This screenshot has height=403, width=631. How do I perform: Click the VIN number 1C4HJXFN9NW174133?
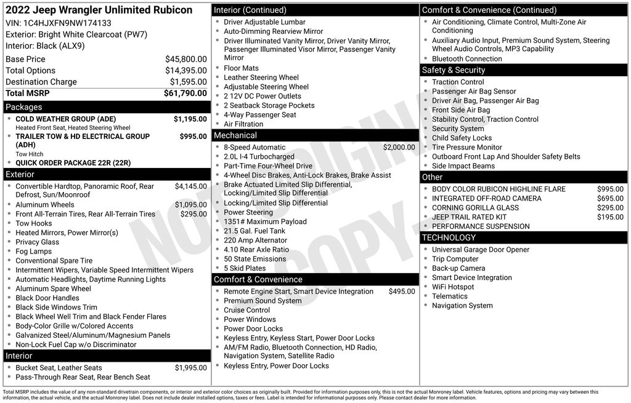tap(67, 23)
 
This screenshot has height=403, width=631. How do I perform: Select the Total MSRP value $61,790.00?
tap(185, 94)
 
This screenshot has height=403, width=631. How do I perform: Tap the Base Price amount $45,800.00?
tap(185, 59)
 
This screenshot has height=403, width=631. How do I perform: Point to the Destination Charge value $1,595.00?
tap(188, 82)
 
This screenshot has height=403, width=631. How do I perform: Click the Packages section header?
tap(24, 107)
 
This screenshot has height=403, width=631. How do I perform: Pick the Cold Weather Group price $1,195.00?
tap(190, 119)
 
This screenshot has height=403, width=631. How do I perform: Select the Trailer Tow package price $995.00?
tap(193, 137)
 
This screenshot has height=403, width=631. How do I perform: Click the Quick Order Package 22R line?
tap(73, 163)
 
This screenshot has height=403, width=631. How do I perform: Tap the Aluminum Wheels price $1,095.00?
tap(190, 205)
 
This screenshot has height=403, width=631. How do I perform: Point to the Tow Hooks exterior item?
tap(34, 223)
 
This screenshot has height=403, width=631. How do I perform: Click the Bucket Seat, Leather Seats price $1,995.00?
tap(190, 368)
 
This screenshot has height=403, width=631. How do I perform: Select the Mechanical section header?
tap(235, 135)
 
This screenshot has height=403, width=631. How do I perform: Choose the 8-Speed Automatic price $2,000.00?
tap(399, 148)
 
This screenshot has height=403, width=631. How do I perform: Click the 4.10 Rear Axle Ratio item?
tap(256, 250)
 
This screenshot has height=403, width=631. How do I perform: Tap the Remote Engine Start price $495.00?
tap(402, 292)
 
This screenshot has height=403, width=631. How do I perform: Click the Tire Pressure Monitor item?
tap(466, 148)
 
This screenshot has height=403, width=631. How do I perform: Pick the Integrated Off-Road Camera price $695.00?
tap(610, 199)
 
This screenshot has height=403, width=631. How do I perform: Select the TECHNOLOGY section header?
tap(449, 237)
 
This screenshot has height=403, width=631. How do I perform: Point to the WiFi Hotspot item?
tap(453, 287)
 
